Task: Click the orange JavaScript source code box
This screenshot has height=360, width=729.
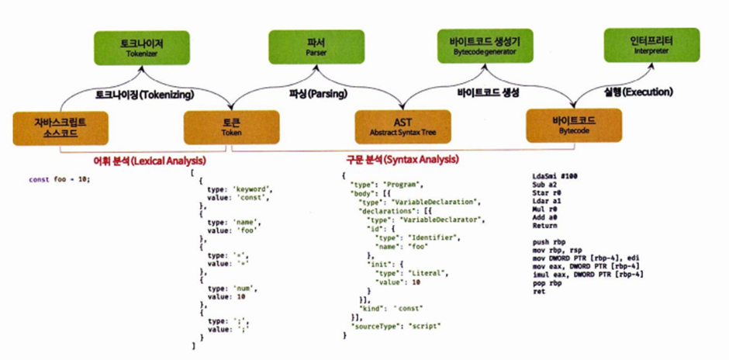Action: (61, 127)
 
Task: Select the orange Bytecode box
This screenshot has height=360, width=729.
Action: (574, 123)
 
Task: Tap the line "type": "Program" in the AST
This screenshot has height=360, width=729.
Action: (385, 184)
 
